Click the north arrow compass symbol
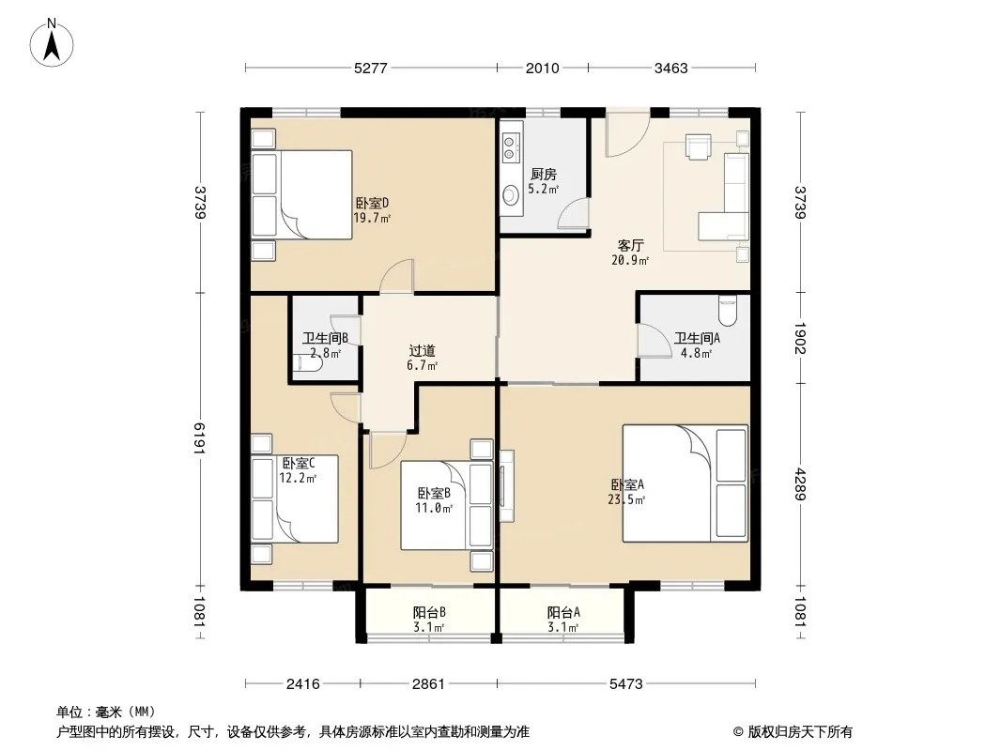[x=52, y=43]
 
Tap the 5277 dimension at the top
[x=370, y=68]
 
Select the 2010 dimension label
[x=542, y=68]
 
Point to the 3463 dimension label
[x=671, y=68]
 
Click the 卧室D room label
[x=372, y=204]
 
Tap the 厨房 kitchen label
[x=544, y=175]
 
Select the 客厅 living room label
[x=630, y=246]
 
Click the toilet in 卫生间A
[x=727, y=310]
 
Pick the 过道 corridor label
[x=422, y=351]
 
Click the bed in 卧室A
[x=685, y=483]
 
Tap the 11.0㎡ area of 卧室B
[x=434, y=509]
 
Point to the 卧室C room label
[x=299, y=463]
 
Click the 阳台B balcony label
[x=429, y=613]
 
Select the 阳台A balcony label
[x=563, y=613]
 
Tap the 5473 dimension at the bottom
[x=625, y=684]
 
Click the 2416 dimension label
[x=302, y=684]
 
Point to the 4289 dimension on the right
[x=801, y=484]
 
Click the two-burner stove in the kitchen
[x=509, y=146]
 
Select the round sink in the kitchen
[x=511, y=194]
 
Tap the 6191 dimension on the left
[x=200, y=438]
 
